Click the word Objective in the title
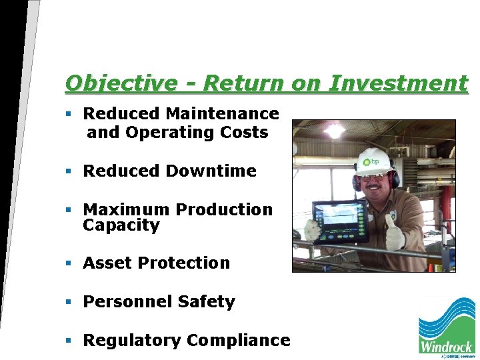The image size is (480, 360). point(121,84)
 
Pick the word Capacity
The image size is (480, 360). point(121,225)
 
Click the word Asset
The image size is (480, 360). point(107,263)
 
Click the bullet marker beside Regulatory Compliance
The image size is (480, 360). point(69,341)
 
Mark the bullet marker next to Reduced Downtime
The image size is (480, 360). point(69,171)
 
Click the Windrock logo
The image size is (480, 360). point(446,327)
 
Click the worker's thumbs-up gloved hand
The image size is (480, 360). point(395,232)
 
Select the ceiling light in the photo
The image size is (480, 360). point(333,130)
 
